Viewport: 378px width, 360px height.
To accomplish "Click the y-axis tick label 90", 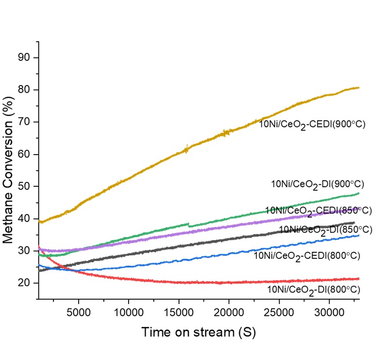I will click(x=25, y=58).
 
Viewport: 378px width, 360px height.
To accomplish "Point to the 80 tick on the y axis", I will click(x=25, y=90).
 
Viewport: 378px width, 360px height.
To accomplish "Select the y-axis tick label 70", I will click(x=25, y=122).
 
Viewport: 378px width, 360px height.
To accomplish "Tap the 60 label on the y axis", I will click(x=25, y=155).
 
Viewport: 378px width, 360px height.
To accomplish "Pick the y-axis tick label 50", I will click(x=25, y=187).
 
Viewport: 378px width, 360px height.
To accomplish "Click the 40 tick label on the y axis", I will click(x=25, y=219).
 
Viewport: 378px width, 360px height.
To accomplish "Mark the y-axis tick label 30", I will click(x=25, y=251).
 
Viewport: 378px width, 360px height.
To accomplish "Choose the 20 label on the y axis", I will click(x=25, y=283).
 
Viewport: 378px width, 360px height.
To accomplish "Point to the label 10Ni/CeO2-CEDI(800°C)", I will click(x=307, y=256).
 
